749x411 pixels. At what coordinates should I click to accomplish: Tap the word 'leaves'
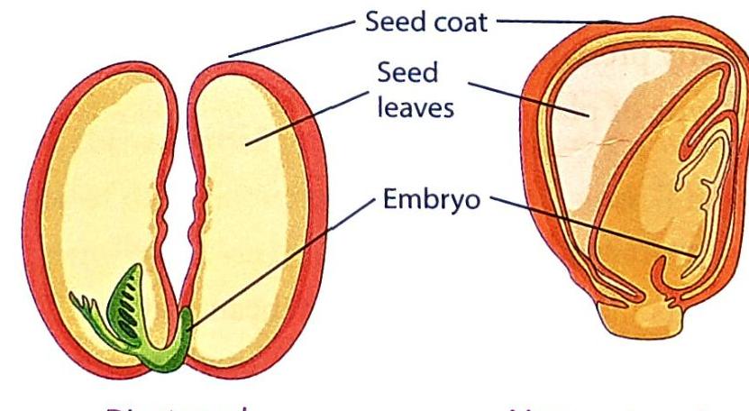(416, 112)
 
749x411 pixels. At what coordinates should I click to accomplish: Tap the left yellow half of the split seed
(99, 198)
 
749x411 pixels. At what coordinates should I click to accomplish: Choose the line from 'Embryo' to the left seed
(279, 261)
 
